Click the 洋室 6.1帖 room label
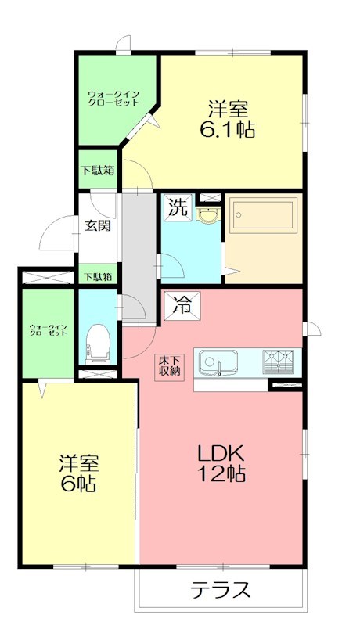(231, 117)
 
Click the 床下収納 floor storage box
(170, 365)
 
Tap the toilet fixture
(98, 342)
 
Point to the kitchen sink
(218, 363)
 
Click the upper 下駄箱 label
(97, 171)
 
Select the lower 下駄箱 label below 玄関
(97, 276)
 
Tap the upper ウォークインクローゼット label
(113, 99)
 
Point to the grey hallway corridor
(139, 250)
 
